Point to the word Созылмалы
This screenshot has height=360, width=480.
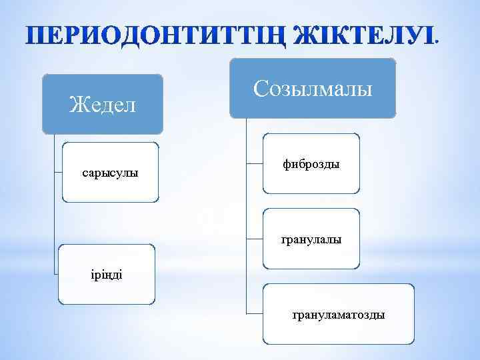pyautogui.click(x=313, y=89)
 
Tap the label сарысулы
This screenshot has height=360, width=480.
pyautogui.click(x=110, y=173)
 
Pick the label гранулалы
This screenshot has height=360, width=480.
pyautogui.click(x=311, y=238)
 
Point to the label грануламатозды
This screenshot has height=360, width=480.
pyautogui.click(x=338, y=314)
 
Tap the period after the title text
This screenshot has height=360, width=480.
pyautogui.click(x=437, y=42)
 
